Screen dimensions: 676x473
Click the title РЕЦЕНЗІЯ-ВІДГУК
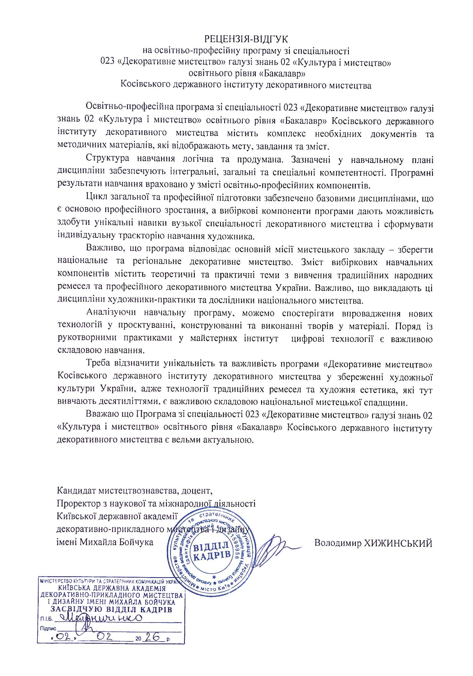(246, 39)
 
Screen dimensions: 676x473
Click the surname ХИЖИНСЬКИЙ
(398, 542)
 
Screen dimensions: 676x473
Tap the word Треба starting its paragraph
(98, 364)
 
